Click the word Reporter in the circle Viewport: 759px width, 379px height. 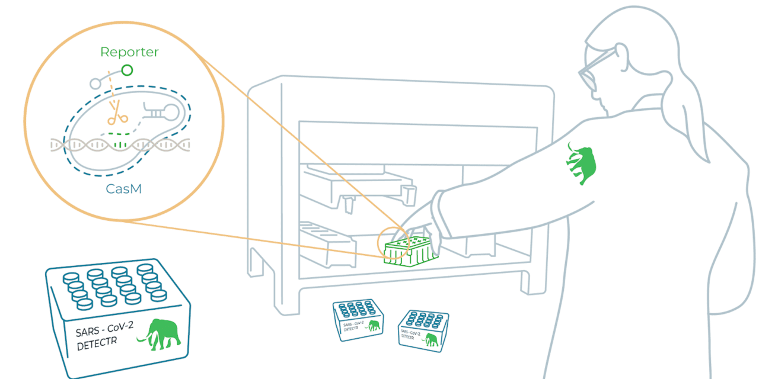coord(129,52)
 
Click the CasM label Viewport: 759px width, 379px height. coord(123,189)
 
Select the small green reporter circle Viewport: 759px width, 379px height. coord(126,70)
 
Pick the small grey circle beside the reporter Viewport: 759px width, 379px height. coord(95,83)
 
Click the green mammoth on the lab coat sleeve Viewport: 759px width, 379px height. coord(581,163)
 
